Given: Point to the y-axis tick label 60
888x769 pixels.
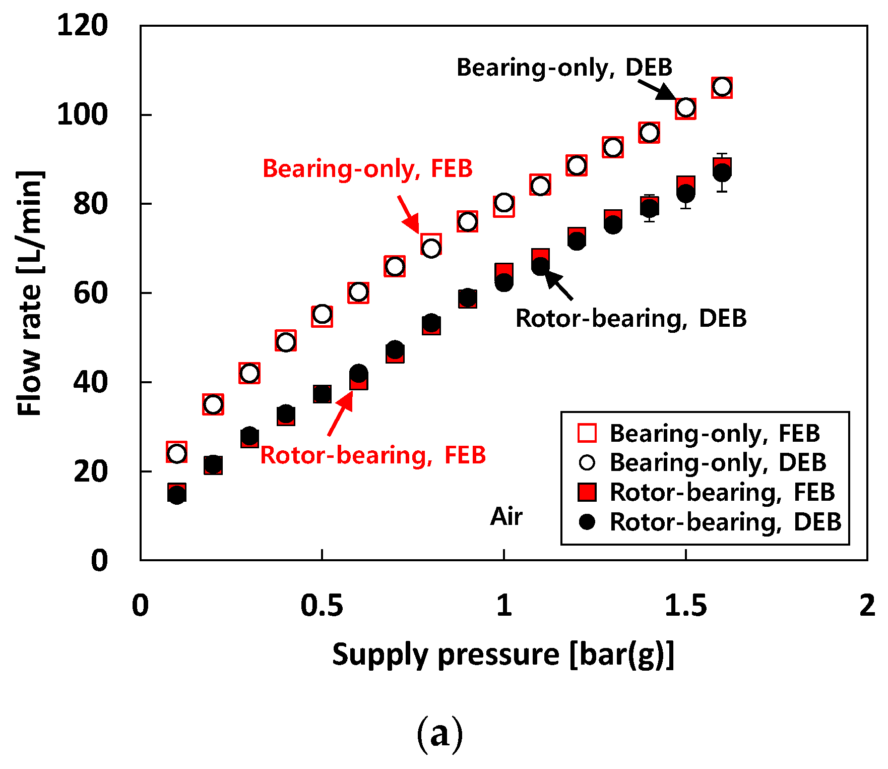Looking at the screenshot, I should [90, 293].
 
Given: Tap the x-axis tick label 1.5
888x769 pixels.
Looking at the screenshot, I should [685, 605].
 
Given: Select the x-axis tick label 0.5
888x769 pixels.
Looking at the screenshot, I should [322, 605].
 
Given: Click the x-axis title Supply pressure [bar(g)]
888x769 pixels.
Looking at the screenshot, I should [503, 655].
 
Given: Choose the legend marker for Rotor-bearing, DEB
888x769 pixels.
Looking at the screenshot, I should [587, 521].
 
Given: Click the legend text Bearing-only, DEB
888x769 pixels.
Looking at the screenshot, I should [718, 462].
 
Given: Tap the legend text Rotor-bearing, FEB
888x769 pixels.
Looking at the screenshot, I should [722, 492].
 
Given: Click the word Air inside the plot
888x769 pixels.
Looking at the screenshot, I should [506, 516].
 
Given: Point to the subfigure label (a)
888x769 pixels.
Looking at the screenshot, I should [439, 734].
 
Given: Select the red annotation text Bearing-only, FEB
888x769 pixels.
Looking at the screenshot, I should [367, 168].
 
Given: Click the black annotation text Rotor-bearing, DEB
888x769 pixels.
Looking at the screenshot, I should [630, 318].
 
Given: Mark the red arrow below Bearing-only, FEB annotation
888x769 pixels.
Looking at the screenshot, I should [409, 215].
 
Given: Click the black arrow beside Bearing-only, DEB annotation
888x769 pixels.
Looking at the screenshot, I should [657, 90].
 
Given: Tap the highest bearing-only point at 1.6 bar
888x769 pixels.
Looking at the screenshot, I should [722, 87].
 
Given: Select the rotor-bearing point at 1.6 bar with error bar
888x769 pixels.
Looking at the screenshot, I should [722, 171].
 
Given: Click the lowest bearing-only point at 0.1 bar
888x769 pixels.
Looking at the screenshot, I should [176, 453].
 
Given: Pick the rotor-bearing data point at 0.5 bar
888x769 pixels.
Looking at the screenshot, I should [322, 393].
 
